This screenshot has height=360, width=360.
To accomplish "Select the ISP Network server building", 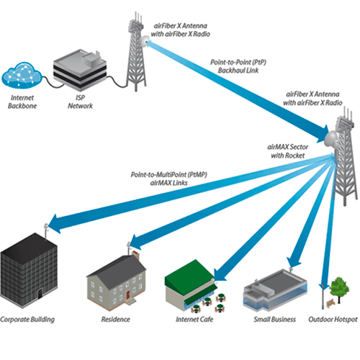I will (x=81, y=69).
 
